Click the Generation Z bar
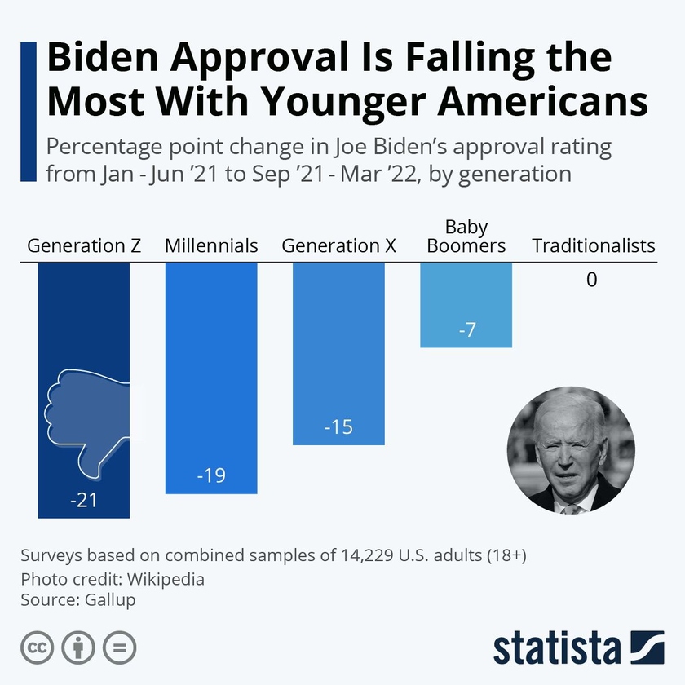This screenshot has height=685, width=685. pos(84,326)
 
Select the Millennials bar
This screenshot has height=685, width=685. pos(211,367)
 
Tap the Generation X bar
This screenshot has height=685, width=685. pos(338,342)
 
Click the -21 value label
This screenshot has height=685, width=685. pos(84,500)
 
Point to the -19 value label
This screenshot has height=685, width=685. pos(211,475)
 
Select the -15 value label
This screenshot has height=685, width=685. pos(338,426)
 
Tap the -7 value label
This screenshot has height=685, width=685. pos(466,330)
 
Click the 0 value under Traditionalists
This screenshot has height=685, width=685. pos(591,281)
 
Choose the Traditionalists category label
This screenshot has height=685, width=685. pos(594,245)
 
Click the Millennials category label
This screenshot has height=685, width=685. pos(211,245)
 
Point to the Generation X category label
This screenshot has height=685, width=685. pos(338,245)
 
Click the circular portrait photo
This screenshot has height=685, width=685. pos(571,450)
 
